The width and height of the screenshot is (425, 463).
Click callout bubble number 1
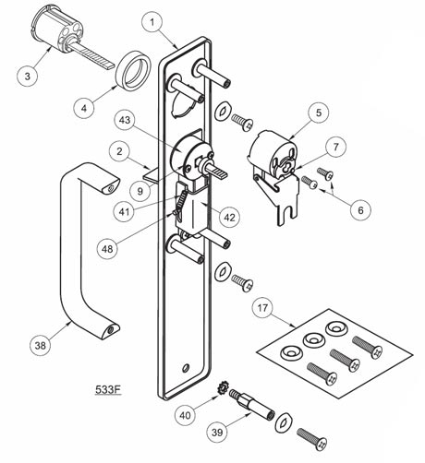click(152, 22)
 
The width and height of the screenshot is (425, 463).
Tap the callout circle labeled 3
click(28, 76)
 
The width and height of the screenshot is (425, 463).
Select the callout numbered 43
click(125, 120)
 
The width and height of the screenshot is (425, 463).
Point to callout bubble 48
click(107, 249)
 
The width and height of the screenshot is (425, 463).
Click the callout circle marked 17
click(262, 308)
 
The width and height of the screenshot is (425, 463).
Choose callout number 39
click(217, 433)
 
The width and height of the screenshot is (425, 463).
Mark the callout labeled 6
click(360, 209)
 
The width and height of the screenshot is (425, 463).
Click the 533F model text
click(108, 389)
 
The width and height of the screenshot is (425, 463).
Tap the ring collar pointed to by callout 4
click(132, 70)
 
